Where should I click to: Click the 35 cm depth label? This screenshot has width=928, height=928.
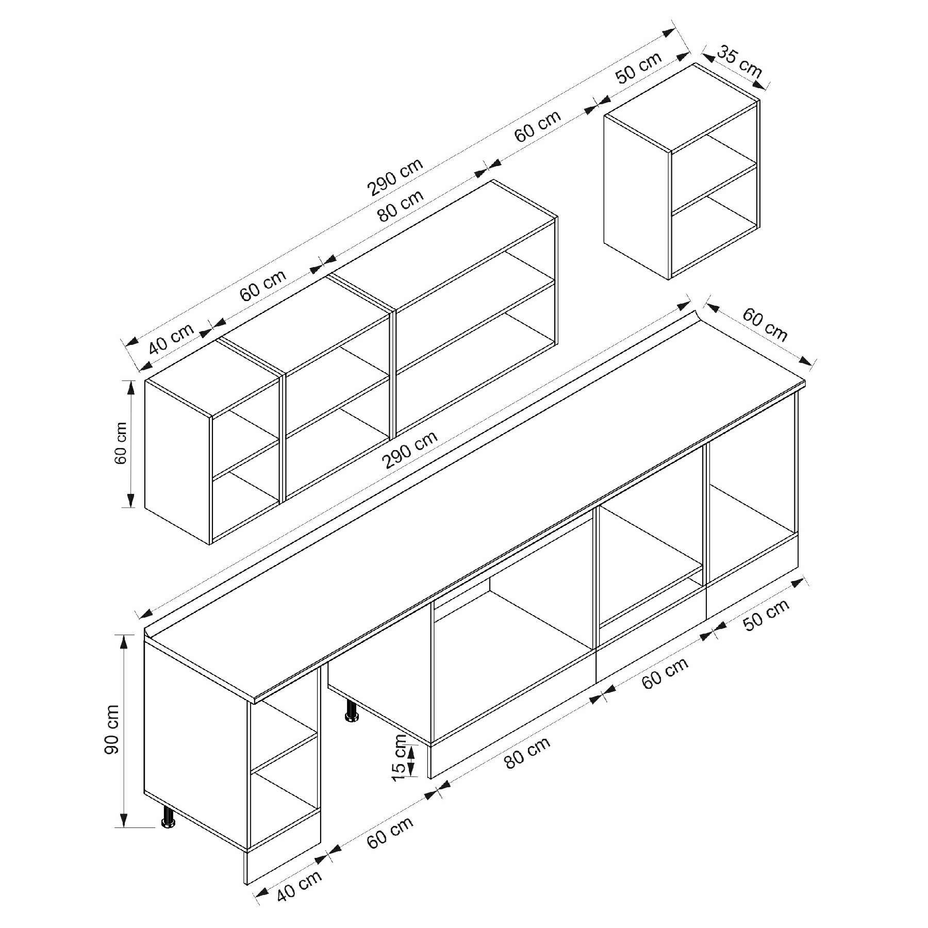click(x=739, y=61)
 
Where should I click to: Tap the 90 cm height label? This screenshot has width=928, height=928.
click(x=112, y=729)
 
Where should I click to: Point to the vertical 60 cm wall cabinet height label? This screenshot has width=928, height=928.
click(x=121, y=443)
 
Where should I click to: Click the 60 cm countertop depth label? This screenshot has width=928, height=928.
click(x=765, y=325)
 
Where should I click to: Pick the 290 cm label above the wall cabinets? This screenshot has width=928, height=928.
click(x=395, y=177)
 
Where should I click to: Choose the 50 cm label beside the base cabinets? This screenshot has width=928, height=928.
click(x=767, y=615)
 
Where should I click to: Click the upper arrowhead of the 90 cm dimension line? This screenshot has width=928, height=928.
click(x=124, y=641)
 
